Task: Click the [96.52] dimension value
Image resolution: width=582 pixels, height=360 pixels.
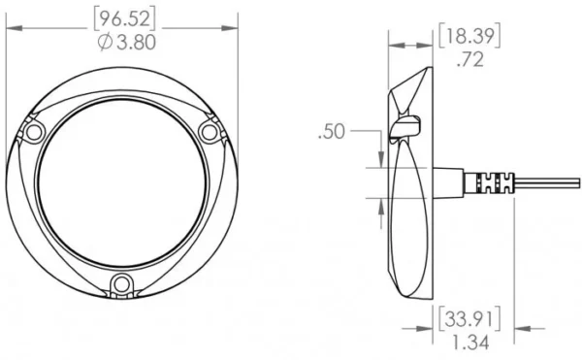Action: [x=124, y=19]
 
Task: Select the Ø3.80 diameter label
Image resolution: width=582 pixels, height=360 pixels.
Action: [x=127, y=43]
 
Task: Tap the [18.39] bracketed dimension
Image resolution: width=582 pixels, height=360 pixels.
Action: [x=469, y=36]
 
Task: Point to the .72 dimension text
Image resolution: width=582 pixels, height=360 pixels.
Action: [x=470, y=59]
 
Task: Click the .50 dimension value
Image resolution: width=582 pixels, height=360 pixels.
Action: [x=332, y=132]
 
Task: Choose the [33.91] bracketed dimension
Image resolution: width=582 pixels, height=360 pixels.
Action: [x=469, y=318]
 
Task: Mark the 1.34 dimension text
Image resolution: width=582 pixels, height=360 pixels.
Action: [x=470, y=343]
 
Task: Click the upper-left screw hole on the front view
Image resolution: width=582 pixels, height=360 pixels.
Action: [x=34, y=132]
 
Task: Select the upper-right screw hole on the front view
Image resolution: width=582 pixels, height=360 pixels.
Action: [x=209, y=132]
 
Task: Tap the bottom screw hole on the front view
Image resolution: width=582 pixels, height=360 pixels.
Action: [x=121, y=284]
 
